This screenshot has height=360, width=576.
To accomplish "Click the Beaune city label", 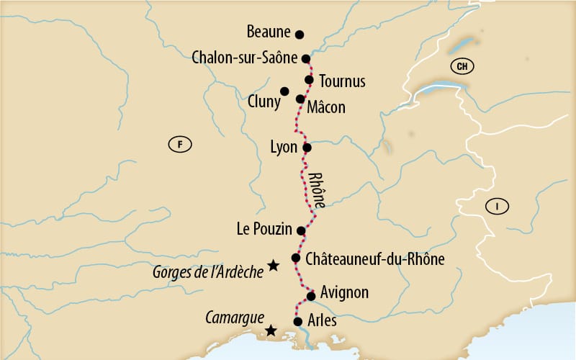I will pos(269,32).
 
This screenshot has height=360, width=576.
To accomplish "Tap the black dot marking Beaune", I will pos(300,34).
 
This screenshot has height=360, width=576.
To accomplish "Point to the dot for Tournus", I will pos(309,80).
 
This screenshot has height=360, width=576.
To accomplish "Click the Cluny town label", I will pos(264,102).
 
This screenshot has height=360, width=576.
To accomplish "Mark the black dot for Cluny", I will pos(284,91).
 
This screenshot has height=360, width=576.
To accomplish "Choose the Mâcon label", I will pos(325,107).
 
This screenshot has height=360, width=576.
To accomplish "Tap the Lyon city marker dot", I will pos(307,148).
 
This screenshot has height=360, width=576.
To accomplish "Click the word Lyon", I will pos(282,148).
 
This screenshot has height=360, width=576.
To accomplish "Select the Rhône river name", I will pos(316,190).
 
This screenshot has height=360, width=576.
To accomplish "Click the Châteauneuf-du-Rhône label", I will pos(375,258).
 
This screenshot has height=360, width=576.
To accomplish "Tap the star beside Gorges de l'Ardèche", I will pos(273,266).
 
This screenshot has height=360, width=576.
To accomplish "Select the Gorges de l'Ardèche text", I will pos(208,272).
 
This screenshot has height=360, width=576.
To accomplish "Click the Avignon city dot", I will pos(311,296).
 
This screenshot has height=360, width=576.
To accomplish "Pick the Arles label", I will pos(321,320).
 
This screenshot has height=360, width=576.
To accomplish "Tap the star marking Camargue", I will pos(270,330).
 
